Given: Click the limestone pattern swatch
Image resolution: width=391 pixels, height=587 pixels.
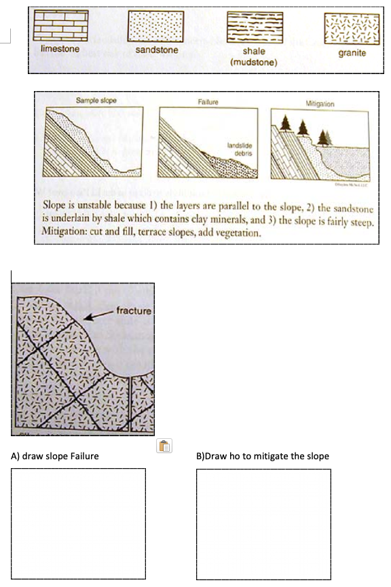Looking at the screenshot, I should pos(61,27).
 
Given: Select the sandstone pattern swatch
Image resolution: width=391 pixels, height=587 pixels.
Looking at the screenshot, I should pos(157,28).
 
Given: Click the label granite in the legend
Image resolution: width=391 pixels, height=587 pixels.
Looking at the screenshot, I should pos(352,52).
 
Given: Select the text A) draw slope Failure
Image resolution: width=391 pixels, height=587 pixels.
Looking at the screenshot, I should pos(55,456).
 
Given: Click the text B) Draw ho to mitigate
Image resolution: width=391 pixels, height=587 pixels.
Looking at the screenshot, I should pos(262,456).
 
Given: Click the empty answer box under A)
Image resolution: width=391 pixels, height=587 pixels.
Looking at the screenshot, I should pos(78,523).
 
